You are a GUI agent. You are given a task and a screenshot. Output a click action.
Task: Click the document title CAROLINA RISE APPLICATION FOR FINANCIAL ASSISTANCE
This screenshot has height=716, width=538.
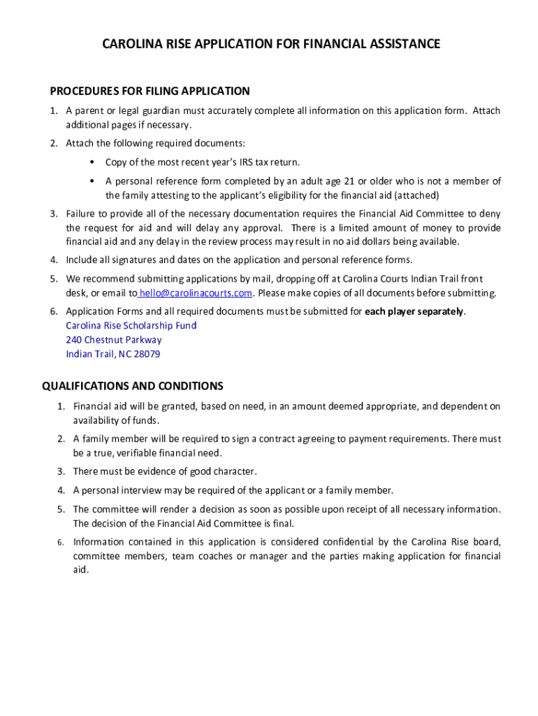[x=271, y=45]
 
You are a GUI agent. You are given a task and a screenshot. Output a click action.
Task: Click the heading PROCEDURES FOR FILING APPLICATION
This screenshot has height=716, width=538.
[x=150, y=91]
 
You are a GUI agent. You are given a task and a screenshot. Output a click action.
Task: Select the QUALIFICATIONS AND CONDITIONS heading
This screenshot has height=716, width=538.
[x=133, y=386]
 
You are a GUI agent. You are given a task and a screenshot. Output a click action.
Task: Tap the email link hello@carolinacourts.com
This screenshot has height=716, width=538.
[x=196, y=293]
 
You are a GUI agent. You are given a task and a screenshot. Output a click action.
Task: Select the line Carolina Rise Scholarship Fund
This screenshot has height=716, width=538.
[x=131, y=326]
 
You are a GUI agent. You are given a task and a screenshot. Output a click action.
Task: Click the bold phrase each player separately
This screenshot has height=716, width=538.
[x=414, y=311]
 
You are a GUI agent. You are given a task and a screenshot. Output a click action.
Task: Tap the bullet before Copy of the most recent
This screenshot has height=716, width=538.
[x=92, y=162]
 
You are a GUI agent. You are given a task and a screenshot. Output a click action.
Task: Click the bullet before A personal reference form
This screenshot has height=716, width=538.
[x=92, y=181]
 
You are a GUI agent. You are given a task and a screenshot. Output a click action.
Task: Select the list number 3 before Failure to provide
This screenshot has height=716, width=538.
[x=53, y=214]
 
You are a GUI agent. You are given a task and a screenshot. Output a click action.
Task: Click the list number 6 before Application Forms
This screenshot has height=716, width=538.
[x=53, y=311]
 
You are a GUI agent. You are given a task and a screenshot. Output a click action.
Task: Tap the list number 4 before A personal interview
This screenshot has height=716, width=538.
[x=61, y=490]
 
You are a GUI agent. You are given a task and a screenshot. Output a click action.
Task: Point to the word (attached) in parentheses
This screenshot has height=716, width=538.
[x=416, y=195]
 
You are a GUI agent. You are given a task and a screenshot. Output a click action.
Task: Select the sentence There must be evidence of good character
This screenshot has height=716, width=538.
[x=165, y=471]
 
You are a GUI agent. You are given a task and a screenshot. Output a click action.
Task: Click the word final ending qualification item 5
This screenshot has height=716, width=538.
[x=282, y=523]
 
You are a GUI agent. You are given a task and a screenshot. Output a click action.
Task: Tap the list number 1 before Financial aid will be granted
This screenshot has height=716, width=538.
[x=61, y=406]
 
